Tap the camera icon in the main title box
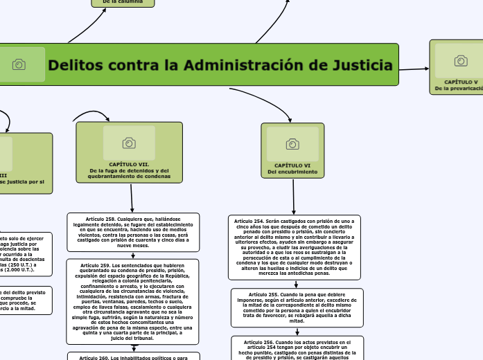coord(19,64)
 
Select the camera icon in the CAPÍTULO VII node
coord(129,143)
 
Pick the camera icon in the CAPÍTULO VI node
coord(292,143)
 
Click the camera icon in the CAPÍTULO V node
coord(461,61)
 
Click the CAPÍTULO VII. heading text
coord(129,164)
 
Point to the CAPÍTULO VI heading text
coord(292,165)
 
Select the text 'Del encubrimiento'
coord(292,172)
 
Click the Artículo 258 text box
coord(132,232)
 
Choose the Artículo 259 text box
coord(132,301)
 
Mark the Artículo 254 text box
coord(294,246)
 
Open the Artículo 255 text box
coord(296,307)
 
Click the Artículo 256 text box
coord(296,348)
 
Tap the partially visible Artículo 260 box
coord(132,356)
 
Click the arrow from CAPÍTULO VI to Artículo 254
coord(293,197)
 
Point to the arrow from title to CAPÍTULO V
coord(414,69)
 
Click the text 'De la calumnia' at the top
coord(123,2)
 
